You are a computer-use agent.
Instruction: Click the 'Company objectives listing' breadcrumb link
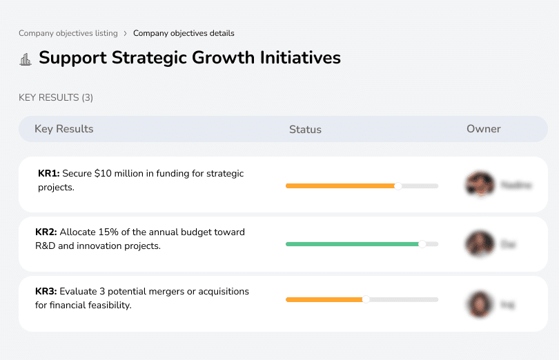(x=68, y=33)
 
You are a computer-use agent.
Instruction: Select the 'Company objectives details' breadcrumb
(x=184, y=33)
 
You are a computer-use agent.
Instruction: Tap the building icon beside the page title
(x=26, y=59)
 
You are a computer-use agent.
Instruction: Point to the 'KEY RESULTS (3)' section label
(x=56, y=98)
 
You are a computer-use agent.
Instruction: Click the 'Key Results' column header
(x=63, y=129)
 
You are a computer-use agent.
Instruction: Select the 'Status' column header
(x=305, y=130)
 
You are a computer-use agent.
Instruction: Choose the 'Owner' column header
(x=483, y=129)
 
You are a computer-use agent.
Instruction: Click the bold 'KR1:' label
(x=49, y=174)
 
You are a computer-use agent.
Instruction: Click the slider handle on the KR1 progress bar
(x=398, y=186)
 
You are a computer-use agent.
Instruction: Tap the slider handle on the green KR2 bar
(x=422, y=243)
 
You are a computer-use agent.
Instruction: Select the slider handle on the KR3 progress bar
(x=366, y=299)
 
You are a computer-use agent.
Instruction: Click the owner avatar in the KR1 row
(x=480, y=185)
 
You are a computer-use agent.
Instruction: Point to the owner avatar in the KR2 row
(x=480, y=244)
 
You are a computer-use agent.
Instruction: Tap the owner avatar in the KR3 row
(x=480, y=303)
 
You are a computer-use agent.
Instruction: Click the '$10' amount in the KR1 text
(x=102, y=174)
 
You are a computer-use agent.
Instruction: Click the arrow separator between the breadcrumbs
(x=125, y=33)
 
